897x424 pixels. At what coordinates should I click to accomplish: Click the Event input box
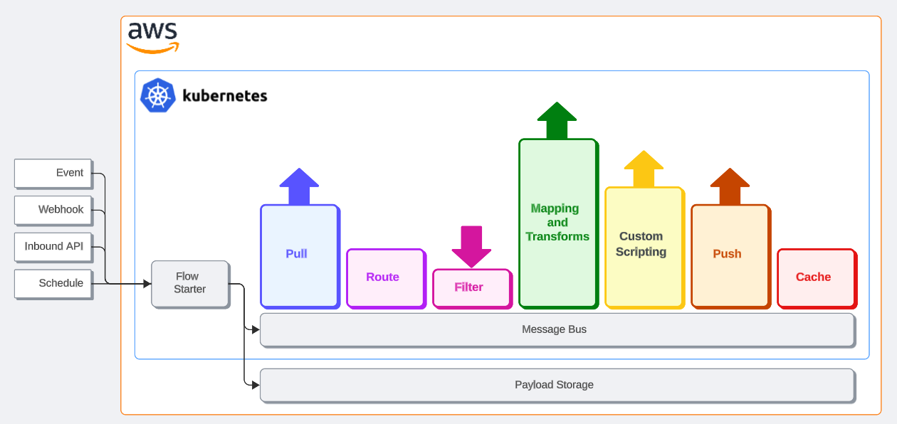tap(53, 173)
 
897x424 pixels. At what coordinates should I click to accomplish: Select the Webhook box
tap(53, 210)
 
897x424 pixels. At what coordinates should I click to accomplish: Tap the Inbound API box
tap(53, 247)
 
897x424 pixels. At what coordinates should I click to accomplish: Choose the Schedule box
tap(53, 283)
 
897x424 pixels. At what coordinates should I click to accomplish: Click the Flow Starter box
tap(190, 283)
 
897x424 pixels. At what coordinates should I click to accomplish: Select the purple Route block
tap(385, 277)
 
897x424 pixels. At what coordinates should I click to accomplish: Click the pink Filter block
tap(471, 287)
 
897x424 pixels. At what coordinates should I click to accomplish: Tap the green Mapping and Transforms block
tap(557, 222)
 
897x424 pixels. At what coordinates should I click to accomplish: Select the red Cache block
tap(816, 277)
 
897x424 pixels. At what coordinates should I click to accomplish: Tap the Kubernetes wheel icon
tap(158, 95)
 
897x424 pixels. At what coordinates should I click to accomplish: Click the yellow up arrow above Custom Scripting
tap(644, 169)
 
